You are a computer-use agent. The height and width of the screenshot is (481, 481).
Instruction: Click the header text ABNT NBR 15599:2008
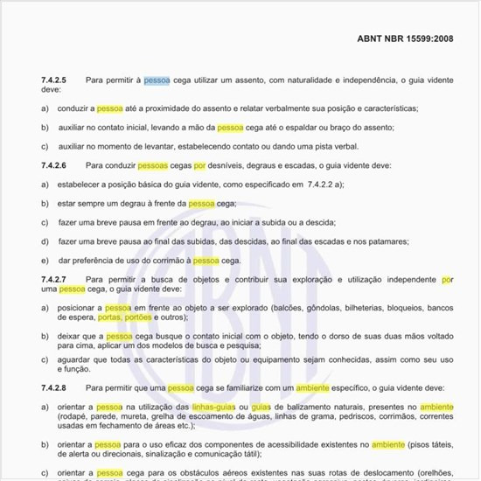pyautogui.click(x=405, y=39)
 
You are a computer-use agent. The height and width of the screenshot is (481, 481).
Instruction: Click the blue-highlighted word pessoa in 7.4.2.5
pyautogui.click(x=157, y=80)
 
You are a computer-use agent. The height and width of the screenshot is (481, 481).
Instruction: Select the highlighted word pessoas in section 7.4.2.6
pyautogui.click(x=152, y=164)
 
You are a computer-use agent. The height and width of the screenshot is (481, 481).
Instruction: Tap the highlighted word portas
pyautogui.click(x=109, y=317)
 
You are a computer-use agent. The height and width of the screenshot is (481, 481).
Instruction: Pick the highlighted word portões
pyautogui.click(x=138, y=317)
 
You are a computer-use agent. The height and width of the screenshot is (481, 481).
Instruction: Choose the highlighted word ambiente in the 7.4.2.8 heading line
pyautogui.click(x=311, y=387)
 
